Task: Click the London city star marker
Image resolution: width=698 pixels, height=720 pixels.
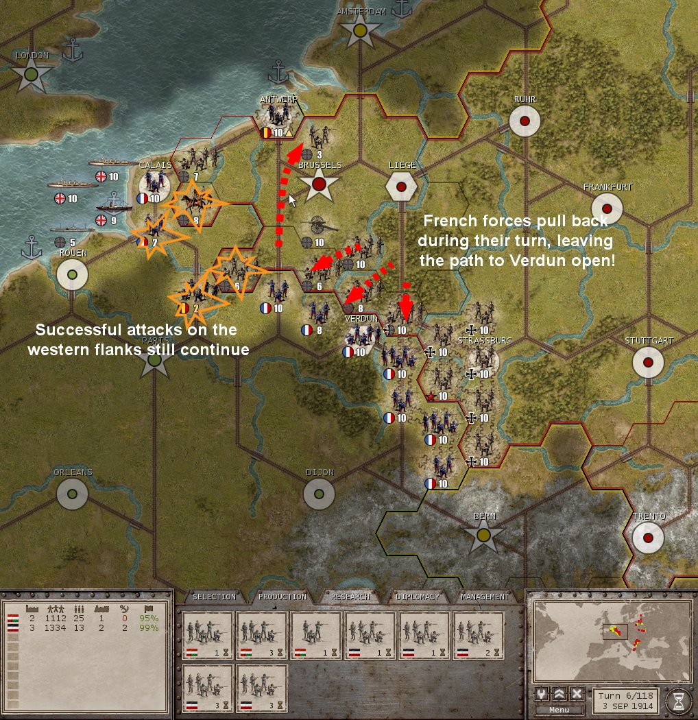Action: click(x=31, y=75)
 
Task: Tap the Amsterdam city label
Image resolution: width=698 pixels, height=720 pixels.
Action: click(x=361, y=12)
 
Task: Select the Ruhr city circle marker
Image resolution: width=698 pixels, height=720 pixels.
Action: click(x=525, y=121)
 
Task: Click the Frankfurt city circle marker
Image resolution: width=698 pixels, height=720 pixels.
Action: click(x=607, y=208)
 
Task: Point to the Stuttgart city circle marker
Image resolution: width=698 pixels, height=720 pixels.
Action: click(x=648, y=362)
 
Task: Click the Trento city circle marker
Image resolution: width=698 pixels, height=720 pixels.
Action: click(x=648, y=538)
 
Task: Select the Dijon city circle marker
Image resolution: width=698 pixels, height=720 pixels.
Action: click(x=319, y=494)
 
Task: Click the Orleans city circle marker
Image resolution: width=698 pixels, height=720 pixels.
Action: click(x=72, y=493)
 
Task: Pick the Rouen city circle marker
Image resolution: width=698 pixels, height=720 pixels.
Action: click(x=72, y=274)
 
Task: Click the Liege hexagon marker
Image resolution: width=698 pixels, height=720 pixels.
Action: click(x=401, y=185)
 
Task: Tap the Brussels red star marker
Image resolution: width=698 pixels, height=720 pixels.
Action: click(x=319, y=185)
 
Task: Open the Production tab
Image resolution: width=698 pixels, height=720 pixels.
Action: click(x=282, y=597)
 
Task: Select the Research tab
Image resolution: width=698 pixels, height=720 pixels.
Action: click(x=350, y=597)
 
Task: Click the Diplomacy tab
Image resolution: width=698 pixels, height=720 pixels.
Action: click(x=418, y=597)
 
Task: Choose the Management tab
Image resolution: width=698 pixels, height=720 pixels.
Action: click(x=485, y=597)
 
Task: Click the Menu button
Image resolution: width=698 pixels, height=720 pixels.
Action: click(x=559, y=710)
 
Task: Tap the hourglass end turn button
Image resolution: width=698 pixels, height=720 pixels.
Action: click(x=678, y=700)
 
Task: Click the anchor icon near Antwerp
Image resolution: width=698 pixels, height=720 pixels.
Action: click(x=278, y=71)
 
